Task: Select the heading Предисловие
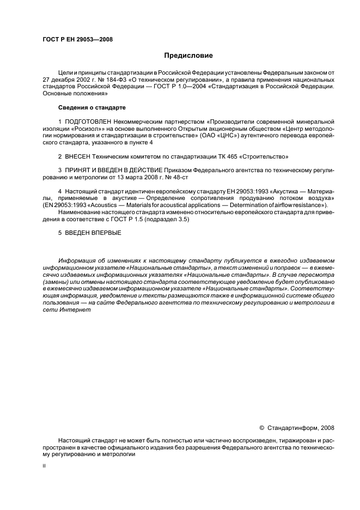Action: (189, 56)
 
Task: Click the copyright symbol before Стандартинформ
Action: (261, 428)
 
